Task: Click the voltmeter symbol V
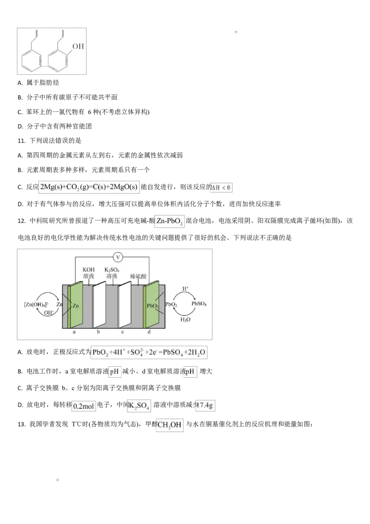pyautogui.click(x=117, y=256)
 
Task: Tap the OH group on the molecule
pyautogui.click(x=79, y=47)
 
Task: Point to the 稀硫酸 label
pyautogui.click(x=138, y=275)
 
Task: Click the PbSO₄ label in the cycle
pyautogui.click(x=199, y=304)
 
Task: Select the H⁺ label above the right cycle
pyautogui.click(x=185, y=288)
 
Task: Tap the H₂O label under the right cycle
pyautogui.click(x=185, y=319)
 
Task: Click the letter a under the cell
pyautogui.click(x=74, y=332)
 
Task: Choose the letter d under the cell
pyautogui.click(x=148, y=332)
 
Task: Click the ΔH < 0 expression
pyautogui.click(x=221, y=187)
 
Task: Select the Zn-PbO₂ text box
pyautogui.click(x=169, y=223)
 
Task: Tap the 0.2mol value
pyautogui.click(x=84, y=406)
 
